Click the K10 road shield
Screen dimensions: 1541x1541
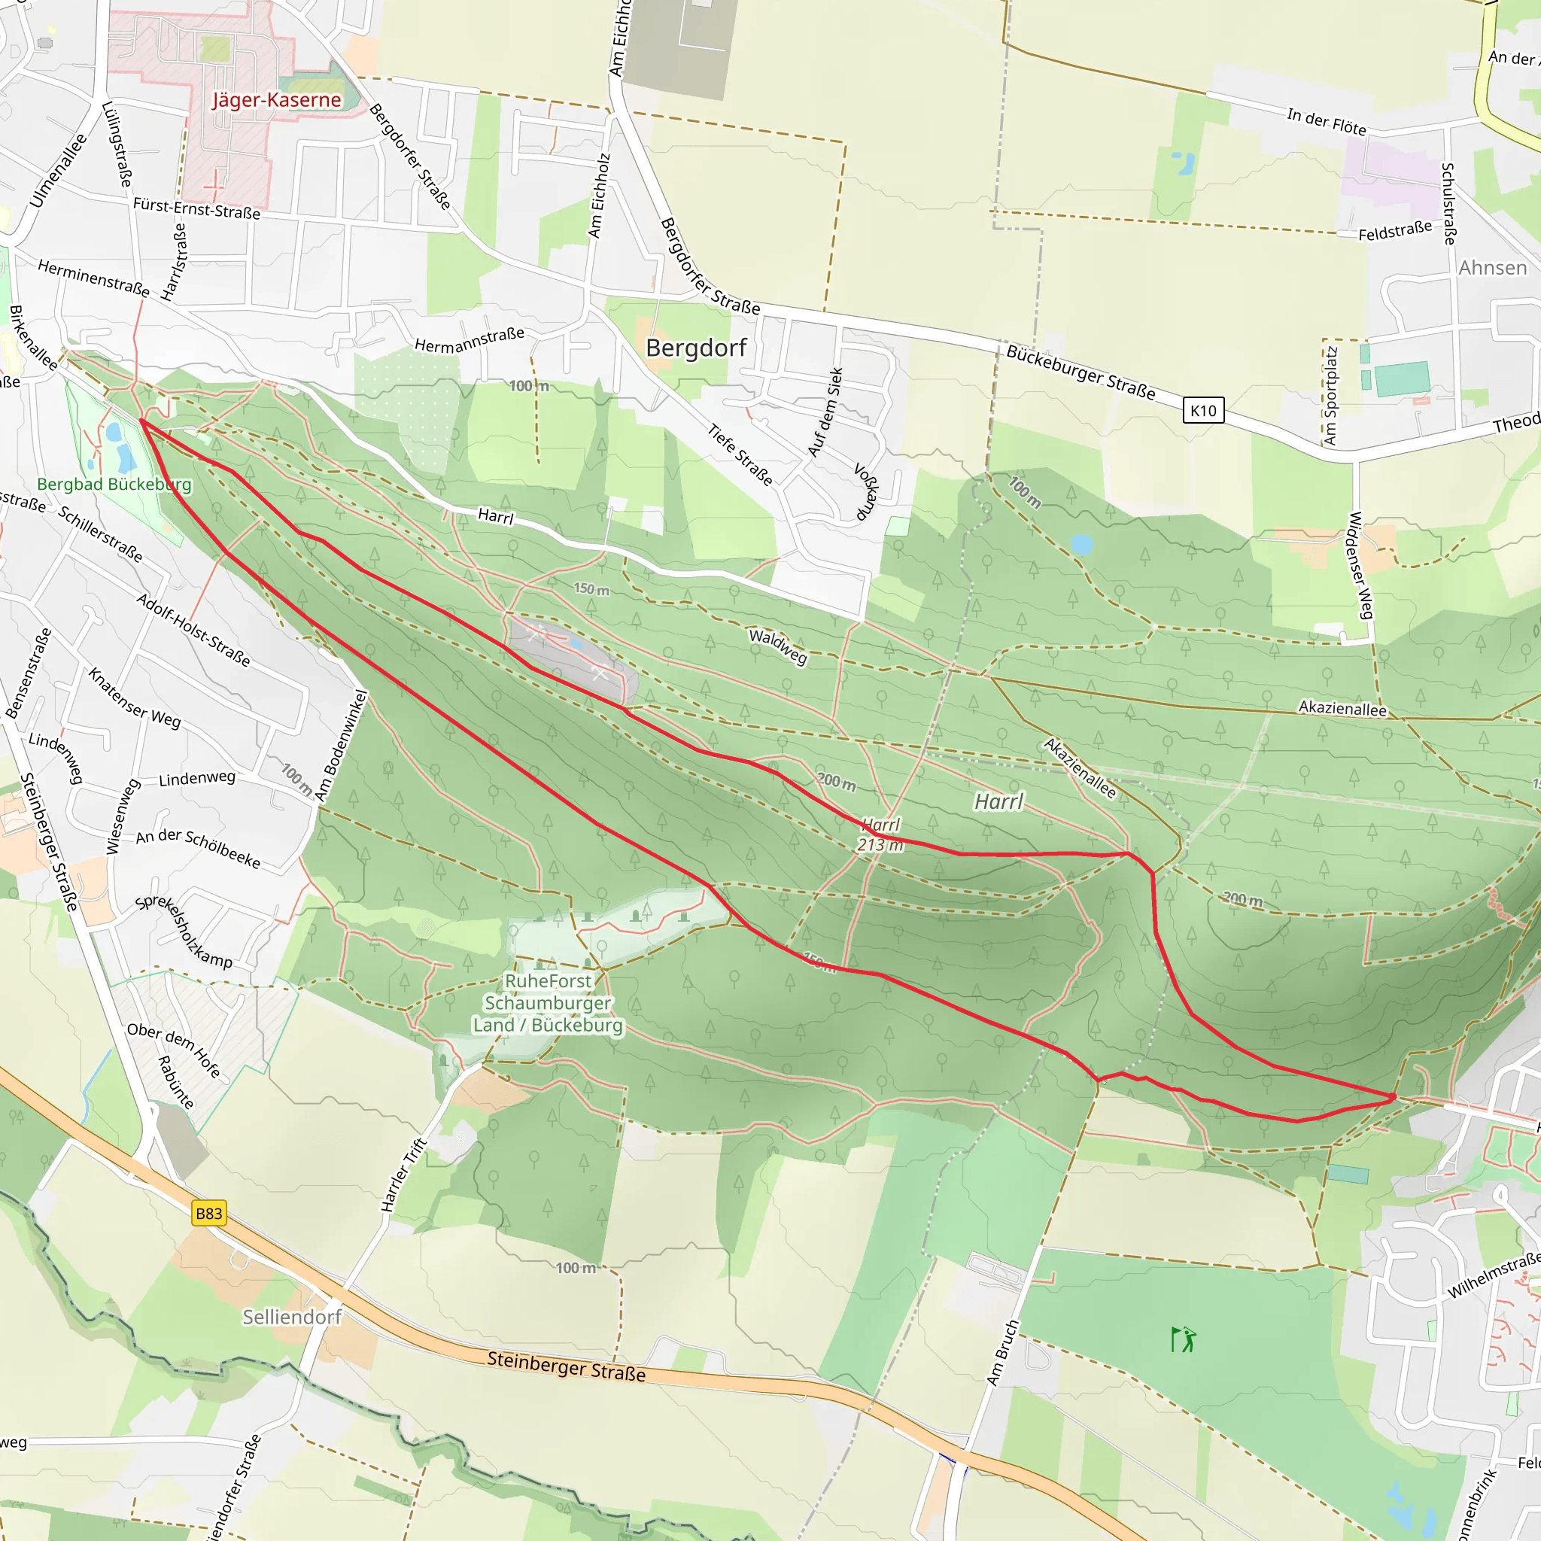pyautogui.click(x=1203, y=411)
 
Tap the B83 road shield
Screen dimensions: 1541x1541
pyautogui.click(x=209, y=1213)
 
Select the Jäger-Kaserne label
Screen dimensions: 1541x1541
pyautogui.click(x=276, y=100)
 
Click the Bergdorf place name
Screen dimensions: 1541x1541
pyautogui.click(x=695, y=348)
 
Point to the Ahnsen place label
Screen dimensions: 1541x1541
pyautogui.click(x=1492, y=268)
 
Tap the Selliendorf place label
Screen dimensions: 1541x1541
pyautogui.click(x=292, y=1317)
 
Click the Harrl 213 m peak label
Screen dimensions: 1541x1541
pyautogui.click(x=880, y=834)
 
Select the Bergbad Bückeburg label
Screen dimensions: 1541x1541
pyautogui.click(x=114, y=484)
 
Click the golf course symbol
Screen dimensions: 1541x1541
pyautogui.click(x=1184, y=1339)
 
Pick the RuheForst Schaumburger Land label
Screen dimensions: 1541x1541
pyautogui.click(x=548, y=1002)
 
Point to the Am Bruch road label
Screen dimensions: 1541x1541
pyautogui.click(x=1002, y=1353)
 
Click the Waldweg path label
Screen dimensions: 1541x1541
pyautogui.click(x=778, y=646)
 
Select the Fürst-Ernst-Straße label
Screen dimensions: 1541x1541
pyautogui.click(x=196, y=209)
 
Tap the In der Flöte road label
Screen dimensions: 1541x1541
pyautogui.click(x=1326, y=121)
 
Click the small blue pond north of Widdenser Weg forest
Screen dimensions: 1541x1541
pyautogui.click(x=1081, y=545)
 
